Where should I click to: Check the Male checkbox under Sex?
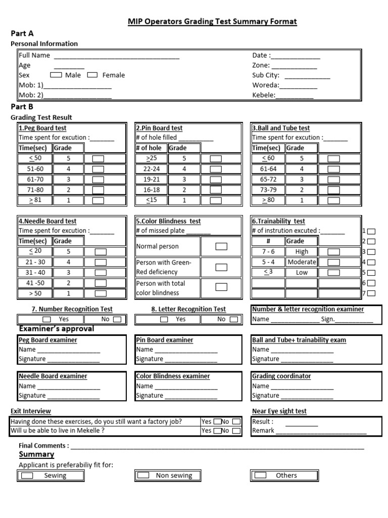click(56, 75)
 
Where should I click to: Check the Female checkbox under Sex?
click(92, 75)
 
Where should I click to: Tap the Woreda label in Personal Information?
click(265, 85)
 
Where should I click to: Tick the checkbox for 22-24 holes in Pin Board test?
click(216, 169)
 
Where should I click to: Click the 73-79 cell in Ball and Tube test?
click(268, 190)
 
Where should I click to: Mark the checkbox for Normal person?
click(221, 246)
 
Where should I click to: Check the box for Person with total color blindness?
click(221, 287)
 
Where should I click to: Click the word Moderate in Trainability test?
click(302, 262)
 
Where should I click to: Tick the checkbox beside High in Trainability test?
click(333, 251)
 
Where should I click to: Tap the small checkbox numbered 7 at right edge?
click(371, 293)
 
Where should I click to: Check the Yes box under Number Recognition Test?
click(46, 319)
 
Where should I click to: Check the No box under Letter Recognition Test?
click(233, 319)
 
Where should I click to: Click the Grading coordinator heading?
click(281, 376)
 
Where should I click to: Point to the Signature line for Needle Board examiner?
click(73, 396)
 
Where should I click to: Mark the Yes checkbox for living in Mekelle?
click(217, 431)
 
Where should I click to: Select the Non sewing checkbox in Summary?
click(143, 476)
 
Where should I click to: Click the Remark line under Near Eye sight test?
click(321, 431)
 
